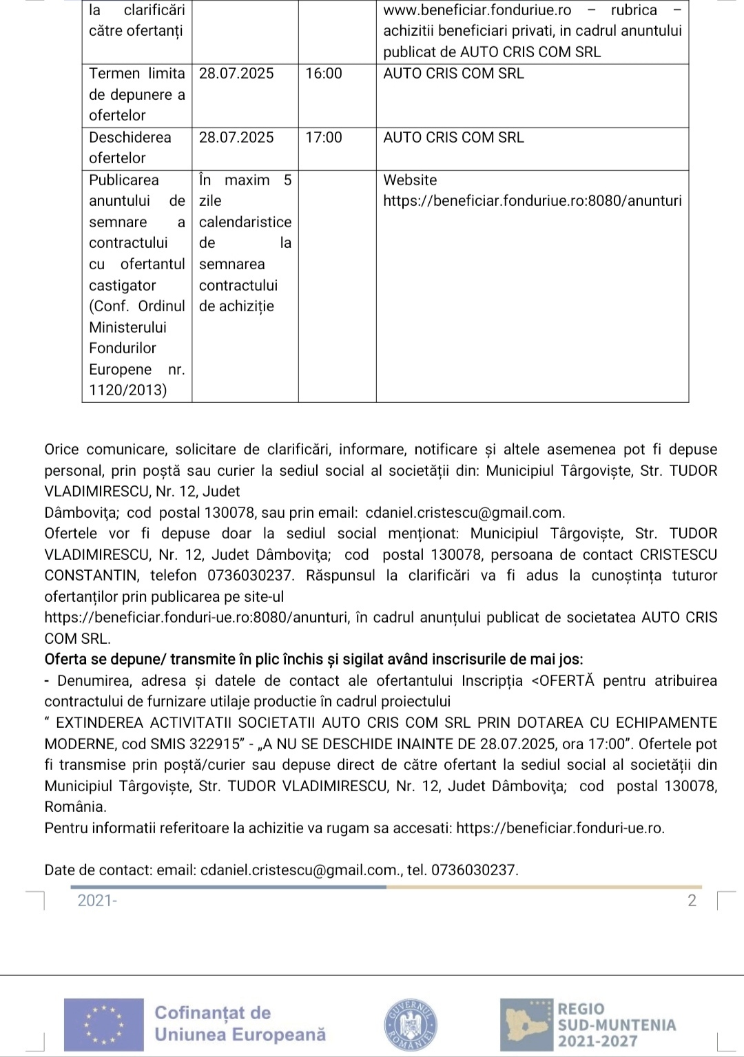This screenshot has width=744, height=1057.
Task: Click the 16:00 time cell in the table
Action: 324,74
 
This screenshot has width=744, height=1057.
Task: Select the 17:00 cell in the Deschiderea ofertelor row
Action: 324,138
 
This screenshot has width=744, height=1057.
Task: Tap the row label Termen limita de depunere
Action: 137,94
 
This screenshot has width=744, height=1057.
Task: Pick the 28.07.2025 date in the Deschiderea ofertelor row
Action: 236,138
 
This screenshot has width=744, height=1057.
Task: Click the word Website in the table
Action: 410,180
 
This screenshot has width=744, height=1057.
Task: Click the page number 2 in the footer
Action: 692,901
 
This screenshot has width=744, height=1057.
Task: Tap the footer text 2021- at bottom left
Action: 97,901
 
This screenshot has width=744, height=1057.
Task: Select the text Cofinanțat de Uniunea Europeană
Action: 240,1023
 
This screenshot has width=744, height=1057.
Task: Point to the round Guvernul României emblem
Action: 410,1023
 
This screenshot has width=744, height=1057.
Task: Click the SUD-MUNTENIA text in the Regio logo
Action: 617,1025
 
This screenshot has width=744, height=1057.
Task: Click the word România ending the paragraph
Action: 75,807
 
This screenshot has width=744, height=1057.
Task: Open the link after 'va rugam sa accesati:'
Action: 559,828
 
